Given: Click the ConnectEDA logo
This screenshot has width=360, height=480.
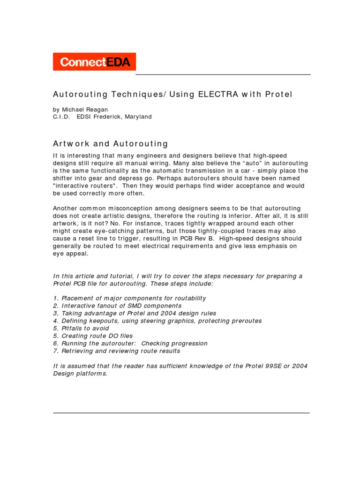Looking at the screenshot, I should tap(94, 62).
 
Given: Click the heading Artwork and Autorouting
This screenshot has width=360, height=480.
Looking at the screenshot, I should tap(110, 144).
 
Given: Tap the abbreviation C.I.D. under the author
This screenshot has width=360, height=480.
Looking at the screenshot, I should tap(61, 117).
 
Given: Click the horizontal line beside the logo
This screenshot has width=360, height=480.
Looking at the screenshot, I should tap(223, 75).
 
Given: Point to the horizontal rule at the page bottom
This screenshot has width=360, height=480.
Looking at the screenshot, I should tap(181, 413).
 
